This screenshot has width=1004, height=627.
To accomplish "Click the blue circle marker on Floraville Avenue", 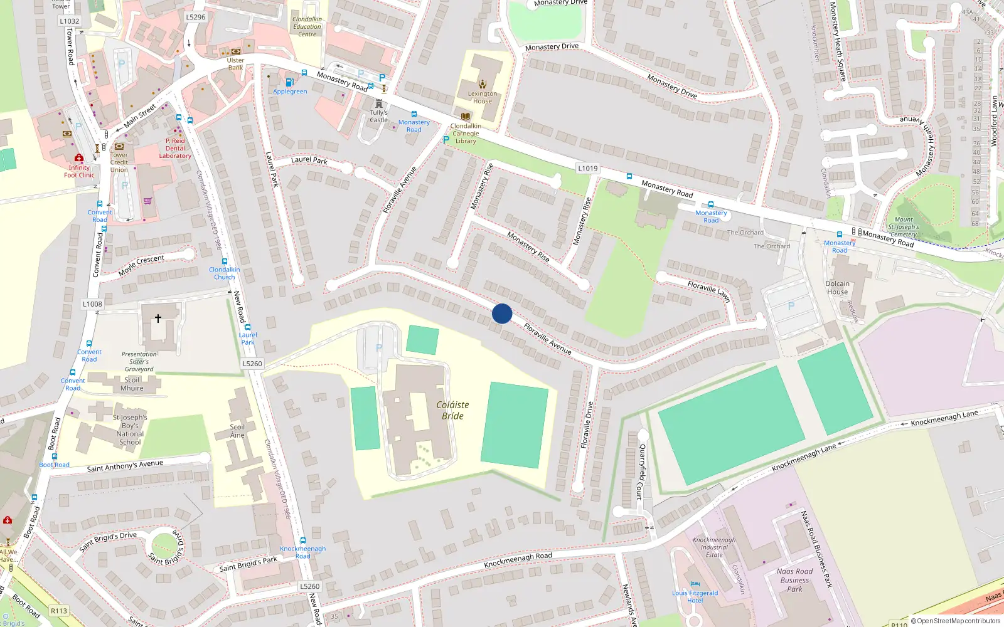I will (x=502, y=313).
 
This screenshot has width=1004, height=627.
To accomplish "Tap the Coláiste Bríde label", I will (x=452, y=410).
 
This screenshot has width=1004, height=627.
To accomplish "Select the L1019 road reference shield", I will (x=588, y=168).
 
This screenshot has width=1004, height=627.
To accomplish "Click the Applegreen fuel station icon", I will (x=289, y=82).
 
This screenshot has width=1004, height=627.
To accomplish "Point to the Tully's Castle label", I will (x=378, y=116).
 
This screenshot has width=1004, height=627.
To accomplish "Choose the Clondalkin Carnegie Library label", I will (x=466, y=133).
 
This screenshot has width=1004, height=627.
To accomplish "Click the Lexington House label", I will (x=482, y=97).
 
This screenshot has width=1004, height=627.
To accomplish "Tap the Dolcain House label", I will (x=837, y=288).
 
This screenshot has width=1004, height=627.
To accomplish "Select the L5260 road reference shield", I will (x=252, y=364).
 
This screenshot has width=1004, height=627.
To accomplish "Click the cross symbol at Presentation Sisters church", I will (x=158, y=318).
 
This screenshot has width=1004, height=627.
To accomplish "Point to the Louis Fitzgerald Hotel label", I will (x=695, y=596).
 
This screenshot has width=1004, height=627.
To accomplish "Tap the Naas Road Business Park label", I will (x=794, y=580).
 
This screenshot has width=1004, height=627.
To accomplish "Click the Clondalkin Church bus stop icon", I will (x=224, y=262).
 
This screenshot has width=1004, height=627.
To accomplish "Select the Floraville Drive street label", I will (x=587, y=424).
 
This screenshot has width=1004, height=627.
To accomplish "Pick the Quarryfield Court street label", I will (x=641, y=472).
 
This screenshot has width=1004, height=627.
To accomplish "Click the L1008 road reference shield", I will (x=92, y=304).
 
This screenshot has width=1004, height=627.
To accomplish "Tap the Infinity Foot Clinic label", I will (x=79, y=171).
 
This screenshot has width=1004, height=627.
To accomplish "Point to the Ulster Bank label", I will (x=235, y=64).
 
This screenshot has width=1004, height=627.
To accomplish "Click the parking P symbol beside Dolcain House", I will (x=791, y=306).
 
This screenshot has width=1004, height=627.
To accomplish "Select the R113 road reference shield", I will (x=59, y=610).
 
